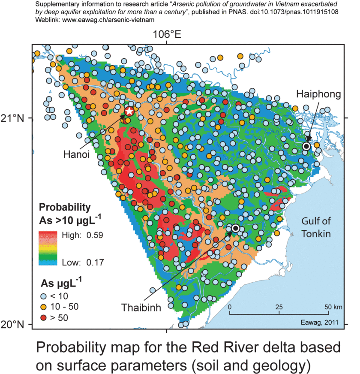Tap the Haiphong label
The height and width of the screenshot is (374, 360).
(318, 94)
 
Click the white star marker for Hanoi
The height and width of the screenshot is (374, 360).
(129, 112)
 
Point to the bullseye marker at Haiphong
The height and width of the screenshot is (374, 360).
(306, 146)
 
